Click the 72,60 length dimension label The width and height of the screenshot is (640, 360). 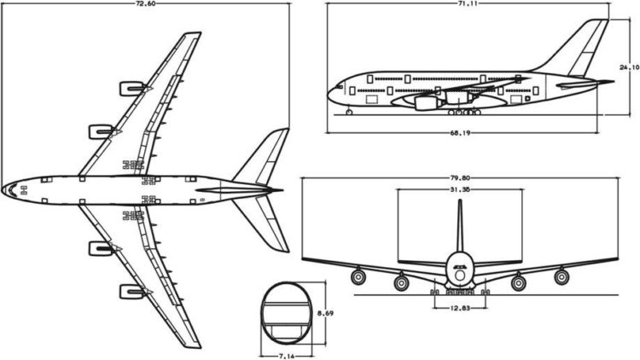[145, 3]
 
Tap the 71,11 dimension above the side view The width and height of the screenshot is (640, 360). [468, 3]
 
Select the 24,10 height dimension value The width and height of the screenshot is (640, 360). [630, 67]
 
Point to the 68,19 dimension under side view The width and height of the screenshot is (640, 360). [460, 132]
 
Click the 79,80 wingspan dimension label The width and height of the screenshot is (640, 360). [460, 178]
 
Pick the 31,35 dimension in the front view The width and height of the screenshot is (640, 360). [460, 189]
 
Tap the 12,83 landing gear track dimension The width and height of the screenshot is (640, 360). [460, 308]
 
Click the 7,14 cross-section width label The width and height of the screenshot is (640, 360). [287, 357]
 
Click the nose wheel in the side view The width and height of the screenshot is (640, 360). [349, 112]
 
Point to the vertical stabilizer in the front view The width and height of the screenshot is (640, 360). [460, 226]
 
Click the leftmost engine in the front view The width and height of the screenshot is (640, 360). [358, 276]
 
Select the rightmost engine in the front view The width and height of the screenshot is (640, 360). [561, 276]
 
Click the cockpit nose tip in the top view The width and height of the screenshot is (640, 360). [2, 189]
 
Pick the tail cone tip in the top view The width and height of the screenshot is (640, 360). [282, 190]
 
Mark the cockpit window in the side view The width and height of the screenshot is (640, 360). [339, 87]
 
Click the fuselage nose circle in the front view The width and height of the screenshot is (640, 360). [460, 275]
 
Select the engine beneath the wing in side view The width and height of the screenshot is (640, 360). [424, 103]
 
